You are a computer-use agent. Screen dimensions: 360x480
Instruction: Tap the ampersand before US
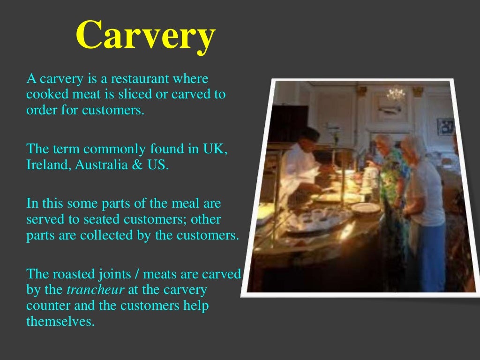click(137, 165)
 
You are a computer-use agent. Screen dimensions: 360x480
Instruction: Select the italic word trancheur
click(95, 290)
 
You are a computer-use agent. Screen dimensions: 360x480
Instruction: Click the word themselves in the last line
click(60, 321)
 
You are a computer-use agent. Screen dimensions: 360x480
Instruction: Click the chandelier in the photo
click(396, 93)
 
